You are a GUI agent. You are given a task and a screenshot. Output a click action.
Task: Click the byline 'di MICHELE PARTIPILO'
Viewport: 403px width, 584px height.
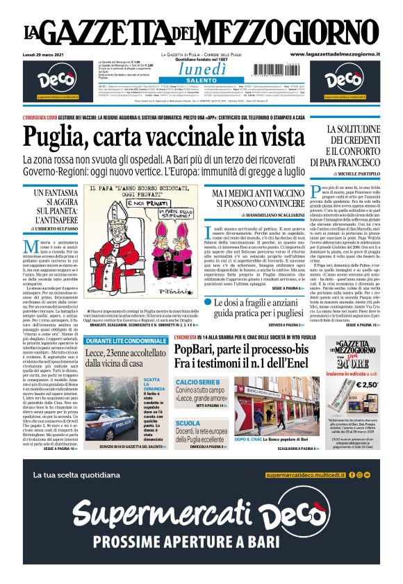355,172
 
